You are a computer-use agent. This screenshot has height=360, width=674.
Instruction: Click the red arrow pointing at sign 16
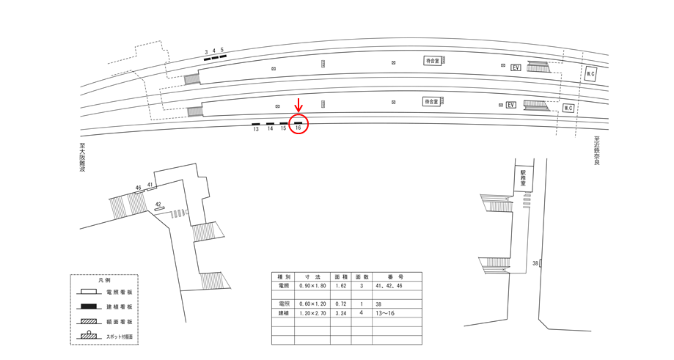coord(298,106)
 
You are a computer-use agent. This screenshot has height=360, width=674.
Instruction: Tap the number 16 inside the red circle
coord(298,128)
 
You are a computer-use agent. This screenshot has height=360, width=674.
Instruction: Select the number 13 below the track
coord(256,129)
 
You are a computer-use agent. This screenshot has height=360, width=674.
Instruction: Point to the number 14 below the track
coord(270,129)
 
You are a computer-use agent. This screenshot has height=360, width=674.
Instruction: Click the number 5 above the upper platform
coord(222,51)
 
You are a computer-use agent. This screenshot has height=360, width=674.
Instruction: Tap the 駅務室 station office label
coord(524,178)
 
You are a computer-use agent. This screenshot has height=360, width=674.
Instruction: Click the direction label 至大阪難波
coord(83,158)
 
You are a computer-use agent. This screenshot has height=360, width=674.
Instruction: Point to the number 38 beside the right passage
coord(535,262)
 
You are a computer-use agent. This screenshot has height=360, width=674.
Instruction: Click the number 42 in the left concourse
coord(158,205)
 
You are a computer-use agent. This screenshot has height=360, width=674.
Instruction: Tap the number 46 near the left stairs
coord(138,188)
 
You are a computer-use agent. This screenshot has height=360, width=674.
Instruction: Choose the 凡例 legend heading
coord(104,281)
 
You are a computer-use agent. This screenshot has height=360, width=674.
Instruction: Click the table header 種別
coord(284,277)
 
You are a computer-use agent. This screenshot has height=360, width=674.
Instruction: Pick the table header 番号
coord(397,277)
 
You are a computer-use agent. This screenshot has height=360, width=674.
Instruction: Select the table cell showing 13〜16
coord(386,312)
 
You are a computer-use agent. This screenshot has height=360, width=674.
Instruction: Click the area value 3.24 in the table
coord(340,312)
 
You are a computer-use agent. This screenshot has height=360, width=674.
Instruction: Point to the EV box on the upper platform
coord(516,67)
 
